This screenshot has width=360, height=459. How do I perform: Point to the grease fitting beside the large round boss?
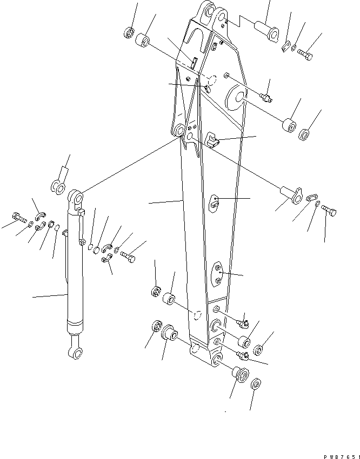(x=265, y=97)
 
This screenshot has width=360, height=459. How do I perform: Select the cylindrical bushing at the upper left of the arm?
(x=143, y=41)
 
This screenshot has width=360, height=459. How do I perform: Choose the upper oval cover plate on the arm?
(x=215, y=202)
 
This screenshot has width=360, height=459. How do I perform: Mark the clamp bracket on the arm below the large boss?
(x=213, y=141)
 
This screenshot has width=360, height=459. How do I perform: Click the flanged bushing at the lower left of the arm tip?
(x=170, y=332)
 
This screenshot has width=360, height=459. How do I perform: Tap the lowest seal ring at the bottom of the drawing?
(x=256, y=385)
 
